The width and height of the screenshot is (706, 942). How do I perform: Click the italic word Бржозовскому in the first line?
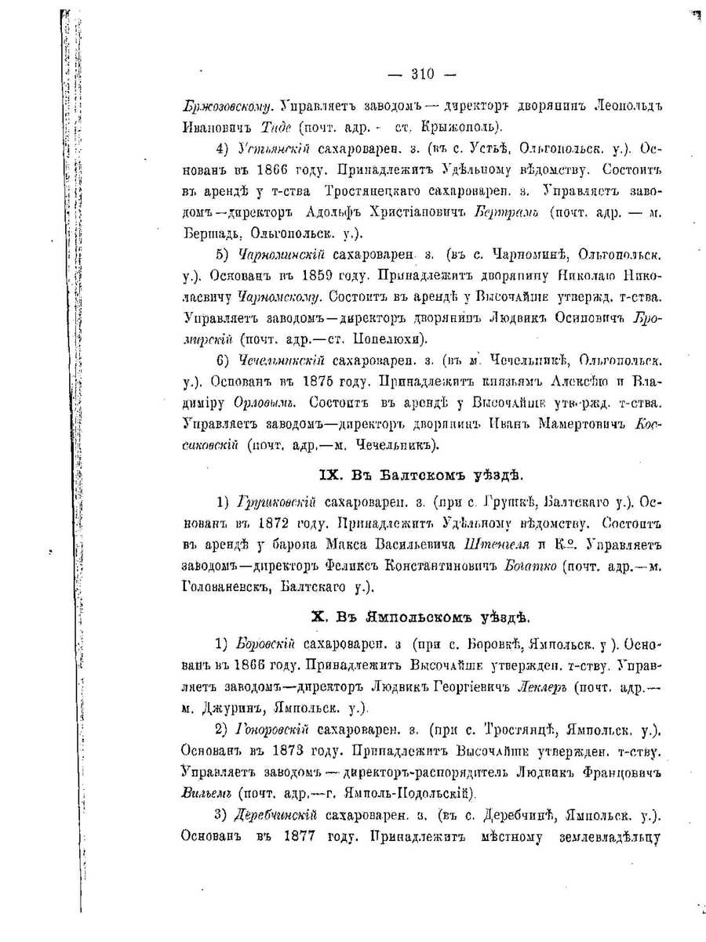tap(227, 105)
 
